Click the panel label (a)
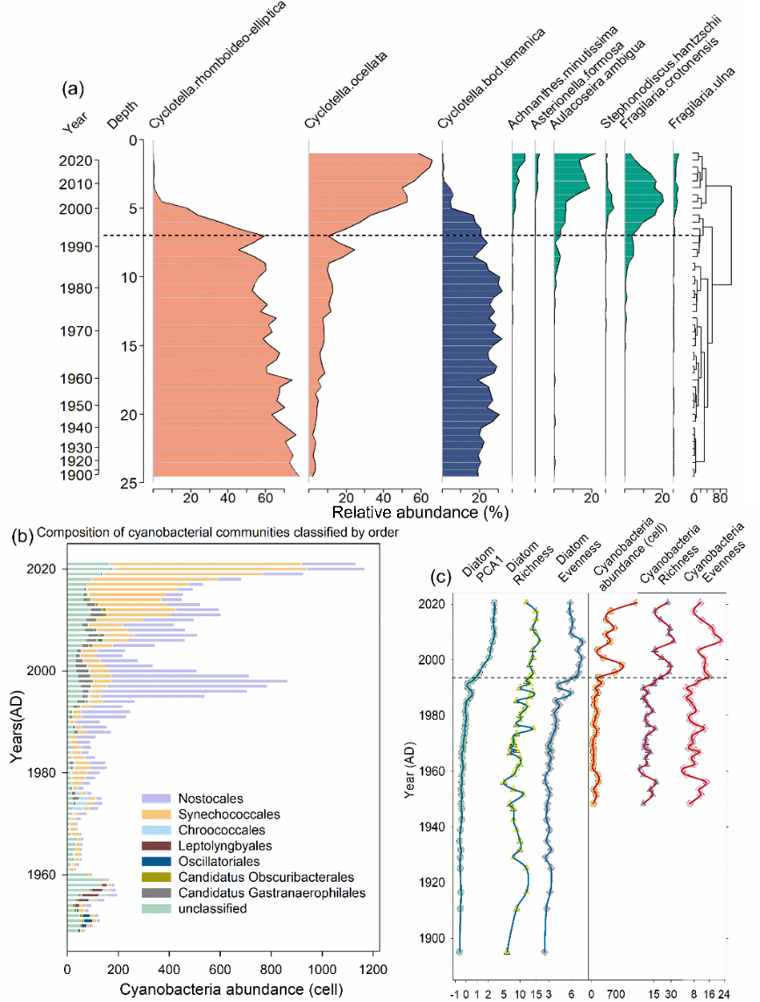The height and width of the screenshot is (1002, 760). click(73, 89)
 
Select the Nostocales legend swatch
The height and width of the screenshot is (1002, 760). click(156, 798)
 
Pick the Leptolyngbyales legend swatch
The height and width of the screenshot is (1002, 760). click(156, 846)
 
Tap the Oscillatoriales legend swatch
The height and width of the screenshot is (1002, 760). click(156, 862)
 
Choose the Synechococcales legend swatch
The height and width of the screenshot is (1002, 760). click(156, 814)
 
